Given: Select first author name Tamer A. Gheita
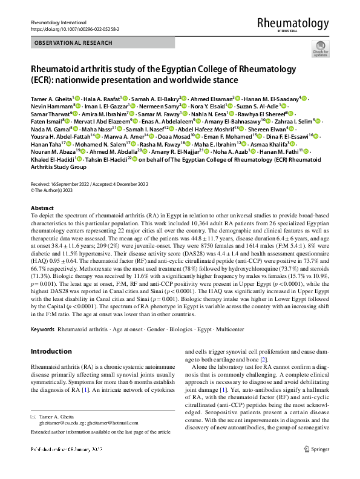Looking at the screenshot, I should point(52,98).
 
